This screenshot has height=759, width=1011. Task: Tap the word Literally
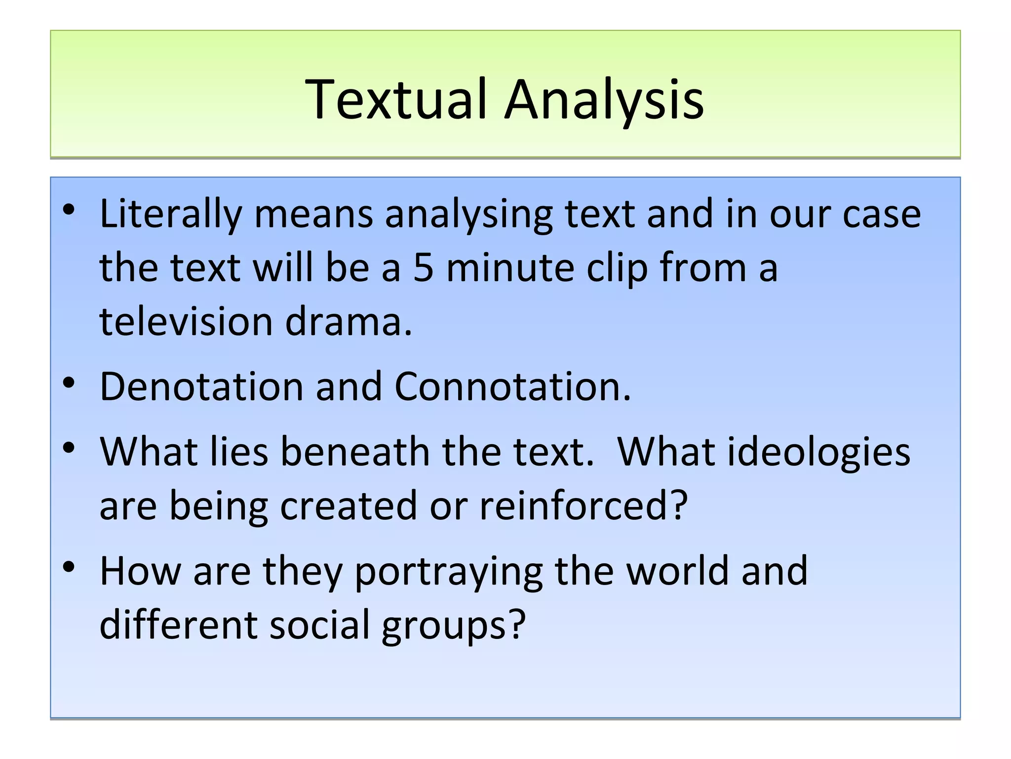tap(171, 214)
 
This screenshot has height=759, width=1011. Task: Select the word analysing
tap(468, 214)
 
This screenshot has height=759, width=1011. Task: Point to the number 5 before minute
tap(423, 268)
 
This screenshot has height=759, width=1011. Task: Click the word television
tap(186, 321)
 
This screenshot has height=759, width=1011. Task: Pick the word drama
tap(348, 321)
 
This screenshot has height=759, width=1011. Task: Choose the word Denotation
tap(201, 386)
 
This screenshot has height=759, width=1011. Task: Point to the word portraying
tap(449, 571)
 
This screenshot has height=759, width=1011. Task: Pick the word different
tap(178, 625)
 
